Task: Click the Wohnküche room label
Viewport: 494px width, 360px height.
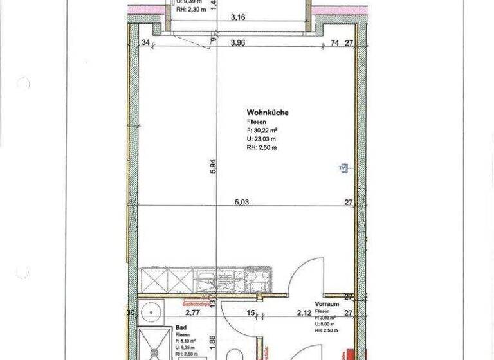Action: pos(267,113)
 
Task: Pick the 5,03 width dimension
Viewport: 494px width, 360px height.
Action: pos(241,201)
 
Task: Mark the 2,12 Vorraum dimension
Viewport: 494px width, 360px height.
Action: pos(304,313)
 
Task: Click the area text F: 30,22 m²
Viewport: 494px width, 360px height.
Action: pos(262,130)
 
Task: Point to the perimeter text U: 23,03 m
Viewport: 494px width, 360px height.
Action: pos(261,138)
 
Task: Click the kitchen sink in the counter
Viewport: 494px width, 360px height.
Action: pos(206,282)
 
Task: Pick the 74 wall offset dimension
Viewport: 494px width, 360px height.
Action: pos(334,44)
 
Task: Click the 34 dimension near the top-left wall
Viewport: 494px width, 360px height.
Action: pos(145,44)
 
